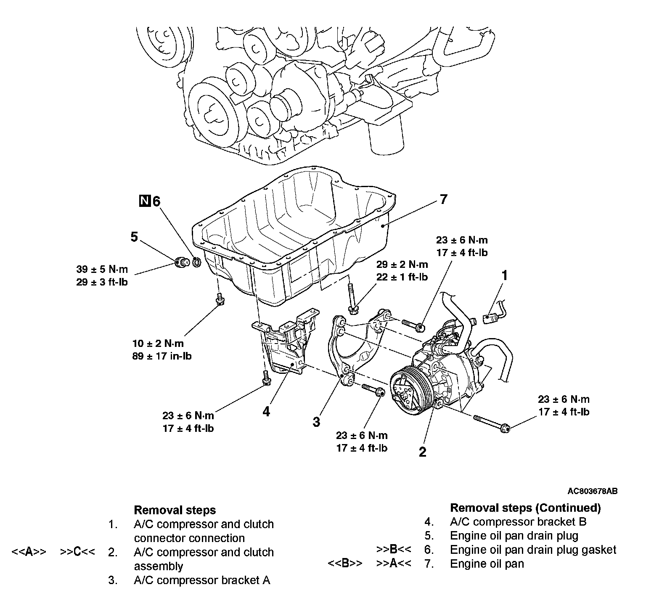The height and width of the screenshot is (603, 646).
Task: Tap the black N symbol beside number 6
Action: (144, 201)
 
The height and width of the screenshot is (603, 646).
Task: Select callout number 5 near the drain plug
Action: (134, 237)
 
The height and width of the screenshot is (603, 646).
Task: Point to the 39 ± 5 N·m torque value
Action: (102, 269)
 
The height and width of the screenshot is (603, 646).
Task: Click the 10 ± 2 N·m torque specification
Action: (158, 344)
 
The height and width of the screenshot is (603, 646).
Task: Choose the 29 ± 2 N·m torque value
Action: (402, 264)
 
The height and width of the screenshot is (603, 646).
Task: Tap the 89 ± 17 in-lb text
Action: (162, 356)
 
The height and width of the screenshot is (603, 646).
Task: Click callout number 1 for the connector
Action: (505, 276)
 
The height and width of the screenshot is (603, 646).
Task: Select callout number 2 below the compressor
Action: (422, 452)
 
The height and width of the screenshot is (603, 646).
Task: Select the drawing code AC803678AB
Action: (592, 491)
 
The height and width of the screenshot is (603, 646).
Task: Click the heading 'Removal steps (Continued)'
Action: (525, 508)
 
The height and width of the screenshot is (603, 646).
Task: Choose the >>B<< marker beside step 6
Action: (394, 549)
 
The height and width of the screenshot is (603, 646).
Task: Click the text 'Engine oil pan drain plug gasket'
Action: (533, 550)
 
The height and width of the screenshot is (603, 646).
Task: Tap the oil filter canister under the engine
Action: (386, 138)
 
